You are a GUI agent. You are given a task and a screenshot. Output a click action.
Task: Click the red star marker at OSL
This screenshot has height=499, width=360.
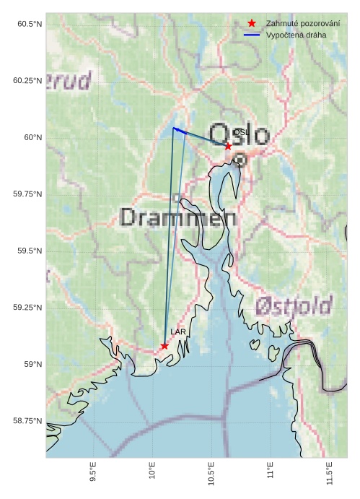point(228,146)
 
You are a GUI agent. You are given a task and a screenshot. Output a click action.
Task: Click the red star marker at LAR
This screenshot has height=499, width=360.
point(164,346)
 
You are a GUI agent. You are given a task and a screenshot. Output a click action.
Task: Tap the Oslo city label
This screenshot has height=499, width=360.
point(240,135)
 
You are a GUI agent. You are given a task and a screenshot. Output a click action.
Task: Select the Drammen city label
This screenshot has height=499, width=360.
point(178,217)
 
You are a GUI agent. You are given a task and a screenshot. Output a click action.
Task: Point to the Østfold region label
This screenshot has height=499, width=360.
point(293,305)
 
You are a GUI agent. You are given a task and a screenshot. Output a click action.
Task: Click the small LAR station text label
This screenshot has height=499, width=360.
point(177,331)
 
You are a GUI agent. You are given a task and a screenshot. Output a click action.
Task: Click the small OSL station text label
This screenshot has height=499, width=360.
point(240,133)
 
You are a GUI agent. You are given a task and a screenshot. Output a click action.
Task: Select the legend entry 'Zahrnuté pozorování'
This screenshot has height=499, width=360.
point(302,24)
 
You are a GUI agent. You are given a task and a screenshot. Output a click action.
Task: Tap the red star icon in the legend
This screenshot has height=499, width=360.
point(252,24)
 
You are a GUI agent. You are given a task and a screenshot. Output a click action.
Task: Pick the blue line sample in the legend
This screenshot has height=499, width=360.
point(252,35)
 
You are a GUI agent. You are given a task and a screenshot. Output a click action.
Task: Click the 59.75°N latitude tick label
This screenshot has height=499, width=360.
point(27,194)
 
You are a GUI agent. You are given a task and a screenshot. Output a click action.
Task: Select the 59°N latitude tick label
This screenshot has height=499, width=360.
point(32,364)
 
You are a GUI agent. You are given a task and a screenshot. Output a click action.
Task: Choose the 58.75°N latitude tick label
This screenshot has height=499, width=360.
point(27,420)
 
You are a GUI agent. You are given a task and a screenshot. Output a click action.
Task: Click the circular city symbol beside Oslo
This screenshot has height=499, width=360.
point(241,160)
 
